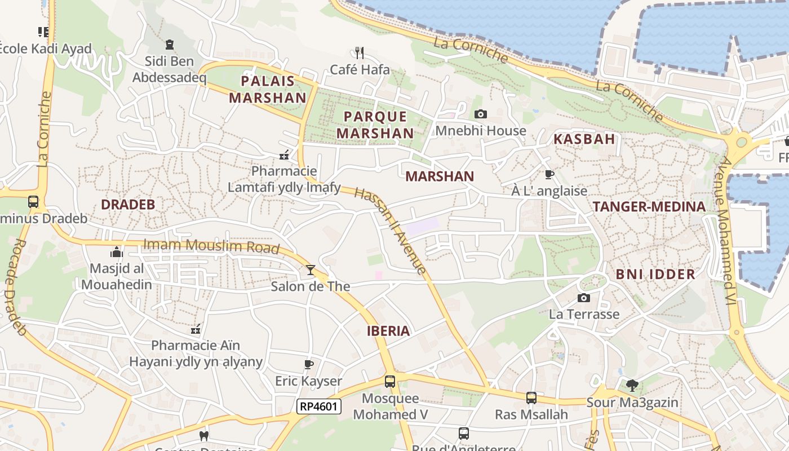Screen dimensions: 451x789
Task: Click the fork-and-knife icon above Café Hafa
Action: tap(360, 52)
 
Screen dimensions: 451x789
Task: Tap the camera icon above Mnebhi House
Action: tap(480, 114)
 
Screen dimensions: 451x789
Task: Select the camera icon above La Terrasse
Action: tap(584, 298)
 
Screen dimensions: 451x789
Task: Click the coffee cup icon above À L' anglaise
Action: tap(549, 174)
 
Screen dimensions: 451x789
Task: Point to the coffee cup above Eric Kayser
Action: tap(308, 364)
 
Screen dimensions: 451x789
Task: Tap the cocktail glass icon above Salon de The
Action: tap(310, 270)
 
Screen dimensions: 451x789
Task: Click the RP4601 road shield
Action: tap(319, 406)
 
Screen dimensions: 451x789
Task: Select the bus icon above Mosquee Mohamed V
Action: tap(389, 382)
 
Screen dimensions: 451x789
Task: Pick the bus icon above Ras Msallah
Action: tap(531, 398)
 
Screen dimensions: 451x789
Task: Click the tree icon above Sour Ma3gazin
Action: tap(632, 386)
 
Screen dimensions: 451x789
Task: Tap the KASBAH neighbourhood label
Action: tap(584, 139)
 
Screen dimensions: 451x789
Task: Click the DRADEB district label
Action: tap(128, 205)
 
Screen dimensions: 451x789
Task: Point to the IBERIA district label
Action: tap(388, 331)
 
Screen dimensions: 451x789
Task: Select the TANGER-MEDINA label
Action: tap(649, 207)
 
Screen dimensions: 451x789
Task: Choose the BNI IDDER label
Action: tap(655, 275)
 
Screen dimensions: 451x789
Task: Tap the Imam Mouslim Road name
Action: tap(212, 246)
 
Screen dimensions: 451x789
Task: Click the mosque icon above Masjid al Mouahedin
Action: tap(117, 252)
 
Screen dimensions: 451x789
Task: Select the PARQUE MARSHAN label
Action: tap(379, 125)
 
